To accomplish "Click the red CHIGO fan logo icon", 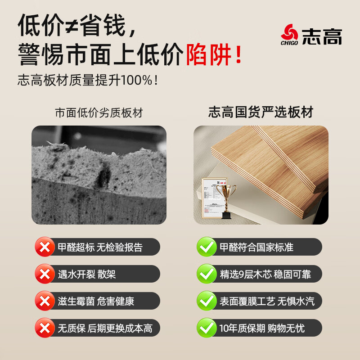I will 289,33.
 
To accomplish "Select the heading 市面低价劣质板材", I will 99,113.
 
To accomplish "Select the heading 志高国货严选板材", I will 261,112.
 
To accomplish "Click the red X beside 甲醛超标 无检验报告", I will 45,247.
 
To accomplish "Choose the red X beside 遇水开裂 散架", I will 45,274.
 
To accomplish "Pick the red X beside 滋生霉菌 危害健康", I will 45,301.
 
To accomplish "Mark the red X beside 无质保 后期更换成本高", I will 45,328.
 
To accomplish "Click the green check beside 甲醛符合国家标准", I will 207,247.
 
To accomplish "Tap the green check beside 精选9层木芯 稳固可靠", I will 207,274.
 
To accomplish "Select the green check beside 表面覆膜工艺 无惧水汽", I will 207,301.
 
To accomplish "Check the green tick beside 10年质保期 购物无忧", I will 207,328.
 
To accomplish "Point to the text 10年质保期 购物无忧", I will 262,328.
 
